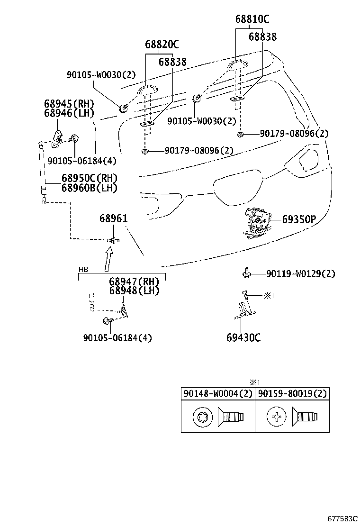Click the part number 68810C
click(252, 19)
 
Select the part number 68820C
click(162, 45)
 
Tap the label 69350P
click(299, 219)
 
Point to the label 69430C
click(243, 338)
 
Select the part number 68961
click(113, 219)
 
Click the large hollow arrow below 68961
click(108, 260)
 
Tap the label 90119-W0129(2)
click(300, 274)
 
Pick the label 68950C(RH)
click(89, 179)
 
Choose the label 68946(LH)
click(69, 113)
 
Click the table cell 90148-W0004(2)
click(218, 394)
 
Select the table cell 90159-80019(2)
click(292, 394)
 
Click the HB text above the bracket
click(83, 269)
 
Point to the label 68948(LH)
click(134, 291)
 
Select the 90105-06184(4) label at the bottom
click(117, 338)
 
